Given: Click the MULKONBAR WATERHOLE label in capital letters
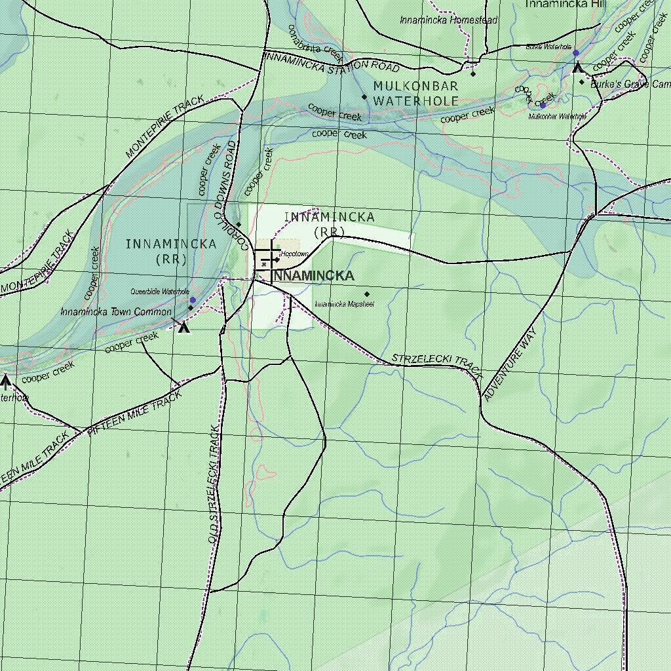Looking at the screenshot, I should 415,94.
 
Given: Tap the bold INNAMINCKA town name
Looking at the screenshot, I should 314,276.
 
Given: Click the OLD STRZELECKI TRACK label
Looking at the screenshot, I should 213,485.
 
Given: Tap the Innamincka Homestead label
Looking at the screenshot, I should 449,20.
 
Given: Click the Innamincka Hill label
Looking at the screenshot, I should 566,4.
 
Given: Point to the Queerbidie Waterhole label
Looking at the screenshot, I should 160,292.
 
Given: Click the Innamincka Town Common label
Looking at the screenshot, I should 116,312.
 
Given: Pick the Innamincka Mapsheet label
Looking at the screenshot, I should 344,304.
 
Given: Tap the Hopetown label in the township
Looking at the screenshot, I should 294,254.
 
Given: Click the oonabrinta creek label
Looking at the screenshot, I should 315,41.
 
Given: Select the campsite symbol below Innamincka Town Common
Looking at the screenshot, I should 184,326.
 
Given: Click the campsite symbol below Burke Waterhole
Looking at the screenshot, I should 577,67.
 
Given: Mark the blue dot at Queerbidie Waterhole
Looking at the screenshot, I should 193,300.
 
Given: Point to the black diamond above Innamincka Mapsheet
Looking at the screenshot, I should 367,294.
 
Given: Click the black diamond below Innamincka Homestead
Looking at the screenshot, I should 473,73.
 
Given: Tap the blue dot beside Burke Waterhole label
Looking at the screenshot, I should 576,53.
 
